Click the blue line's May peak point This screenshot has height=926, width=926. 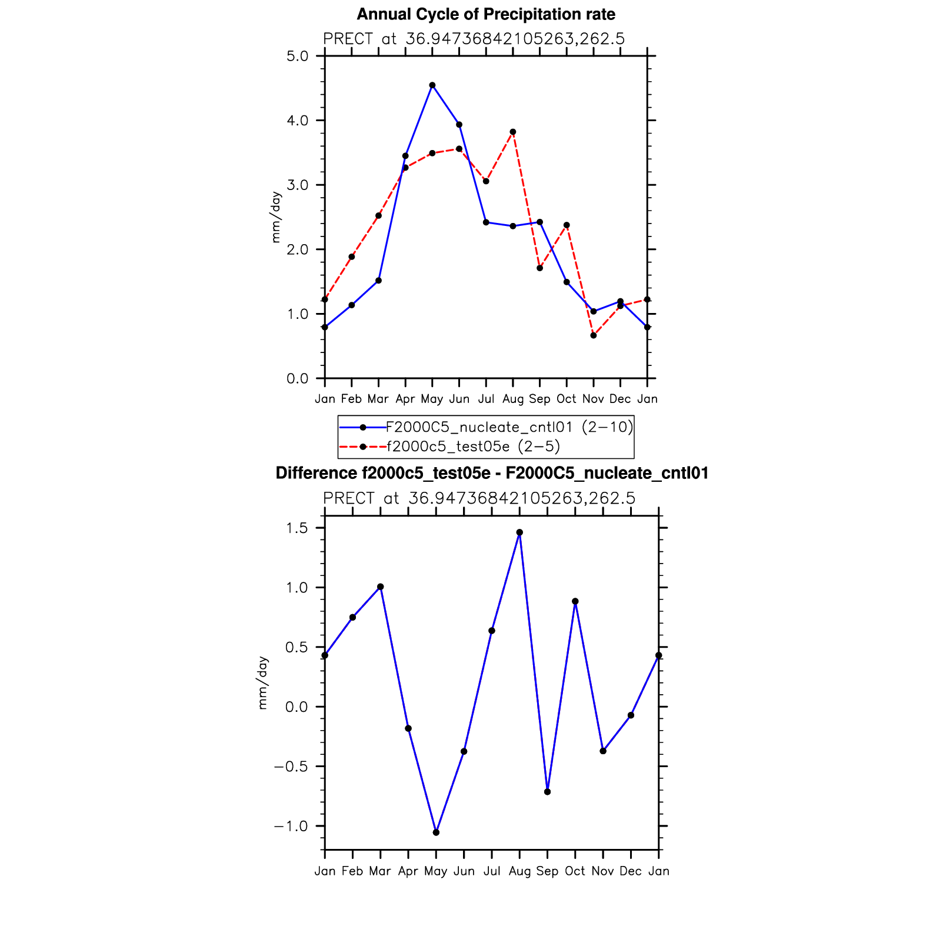[x=432, y=85]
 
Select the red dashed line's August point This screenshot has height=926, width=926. [x=513, y=132]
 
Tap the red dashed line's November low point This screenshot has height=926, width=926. [x=594, y=335]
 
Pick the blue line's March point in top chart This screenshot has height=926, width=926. [x=378, y=281]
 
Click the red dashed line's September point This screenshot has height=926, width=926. [x=539, y=268]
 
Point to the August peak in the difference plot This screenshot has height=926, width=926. [x=519, y=532]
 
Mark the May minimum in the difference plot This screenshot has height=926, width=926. [x=436, y=832]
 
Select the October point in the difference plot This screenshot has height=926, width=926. [x=575, y=601]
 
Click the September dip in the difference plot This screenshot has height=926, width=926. [x=548, y=792]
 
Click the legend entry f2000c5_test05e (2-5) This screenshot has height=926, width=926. [x=473, y=447]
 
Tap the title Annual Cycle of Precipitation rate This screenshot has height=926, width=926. [x=486, y=14]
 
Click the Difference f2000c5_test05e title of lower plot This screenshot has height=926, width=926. [x=492, y=473]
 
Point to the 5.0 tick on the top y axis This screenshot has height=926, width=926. [x=298, y=56]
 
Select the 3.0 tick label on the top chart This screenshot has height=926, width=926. [x=298, y=185]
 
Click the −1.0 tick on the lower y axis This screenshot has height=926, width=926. [x=291, y=826]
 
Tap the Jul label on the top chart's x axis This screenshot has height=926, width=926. [x=486, y=399]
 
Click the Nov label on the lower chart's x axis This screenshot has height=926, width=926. [x=603, y=871]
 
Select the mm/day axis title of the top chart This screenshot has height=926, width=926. [x=276, y=218]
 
